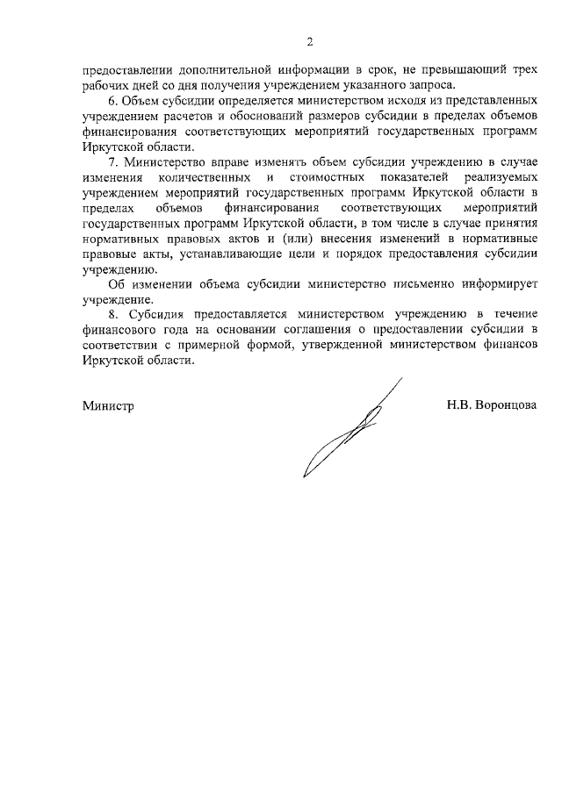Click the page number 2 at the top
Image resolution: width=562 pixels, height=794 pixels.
(x=309, y=41)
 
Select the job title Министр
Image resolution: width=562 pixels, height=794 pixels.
(x=109, y=406)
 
